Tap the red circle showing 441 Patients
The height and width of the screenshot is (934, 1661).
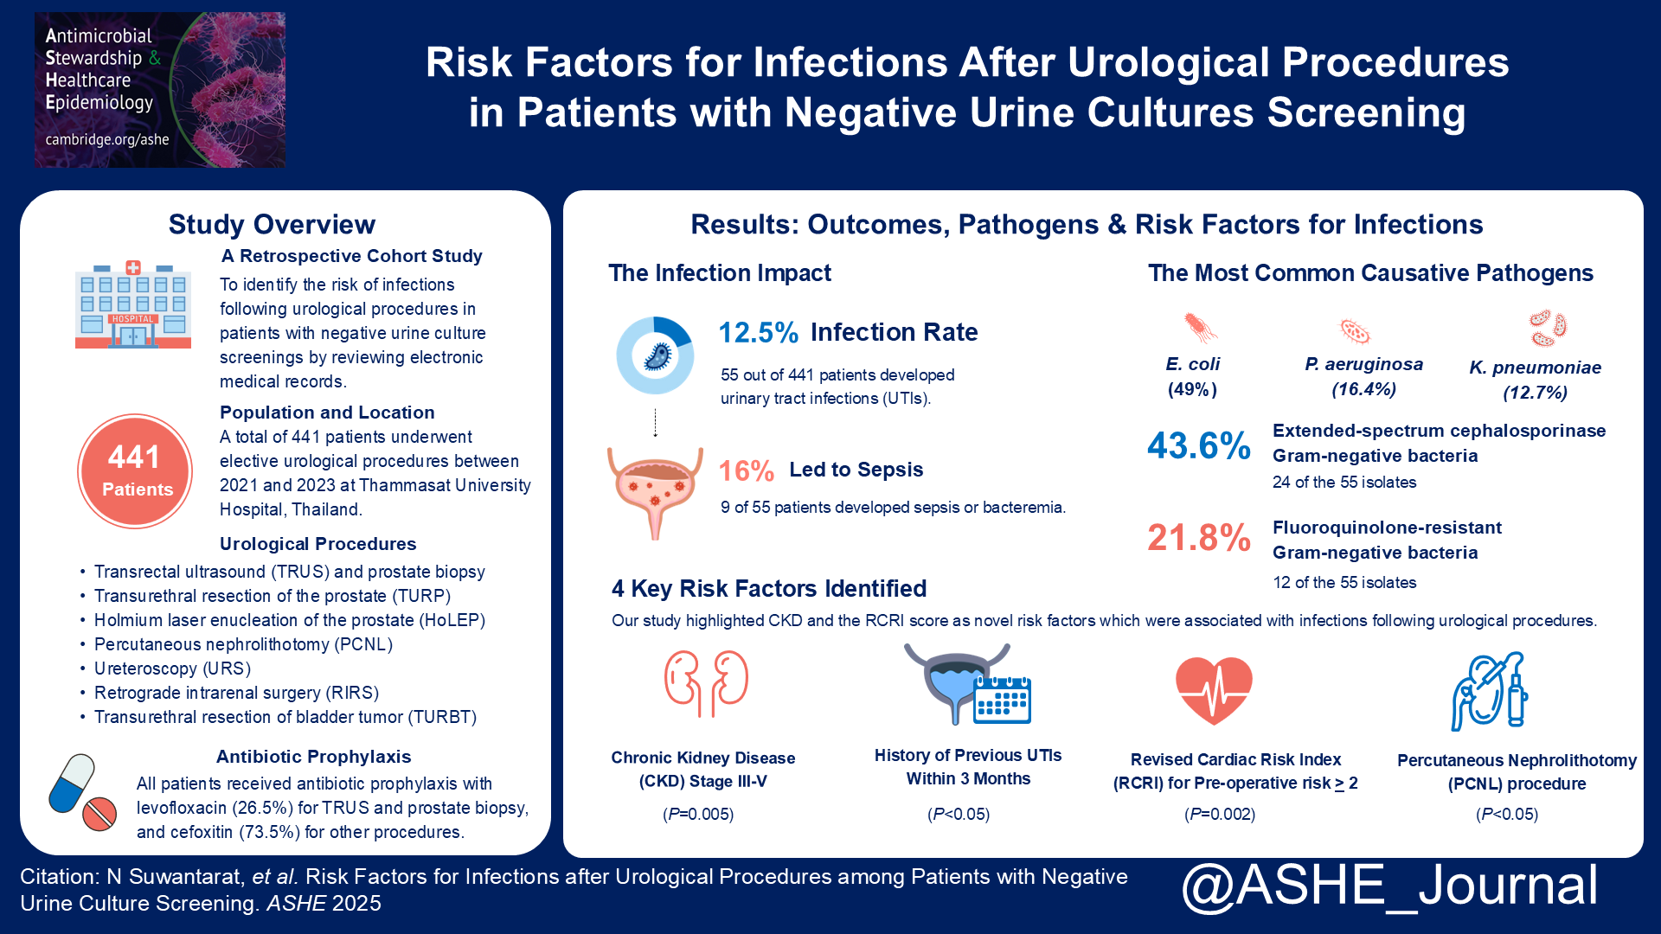[135, 471]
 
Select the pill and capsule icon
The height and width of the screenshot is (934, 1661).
[82, 792]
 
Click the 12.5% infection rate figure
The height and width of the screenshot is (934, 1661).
[758, 332]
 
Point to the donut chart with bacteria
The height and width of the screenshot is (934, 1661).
[655, 355]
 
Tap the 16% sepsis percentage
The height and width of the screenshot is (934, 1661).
[746, 470]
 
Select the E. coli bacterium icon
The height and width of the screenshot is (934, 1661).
[1200, 328]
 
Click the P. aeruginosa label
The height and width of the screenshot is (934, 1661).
[1363, 364]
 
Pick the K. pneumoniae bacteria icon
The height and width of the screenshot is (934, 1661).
[1547, 329]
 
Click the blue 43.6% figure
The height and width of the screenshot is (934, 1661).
[1198, 446]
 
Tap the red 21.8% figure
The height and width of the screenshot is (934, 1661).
[1198, 538]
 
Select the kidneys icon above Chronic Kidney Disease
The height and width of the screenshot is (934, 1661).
[706, 683]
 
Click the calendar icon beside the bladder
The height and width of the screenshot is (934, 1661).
[1002, 699]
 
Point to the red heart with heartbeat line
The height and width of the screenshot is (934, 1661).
[1214, 689]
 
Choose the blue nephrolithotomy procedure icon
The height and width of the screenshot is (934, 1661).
[1489, 692]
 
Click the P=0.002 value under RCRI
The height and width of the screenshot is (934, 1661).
[1219, 814]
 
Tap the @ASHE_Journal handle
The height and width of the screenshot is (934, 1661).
[1389, 886]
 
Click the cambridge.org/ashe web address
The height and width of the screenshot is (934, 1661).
[107, 139]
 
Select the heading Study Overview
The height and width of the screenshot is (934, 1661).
[272, 224]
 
